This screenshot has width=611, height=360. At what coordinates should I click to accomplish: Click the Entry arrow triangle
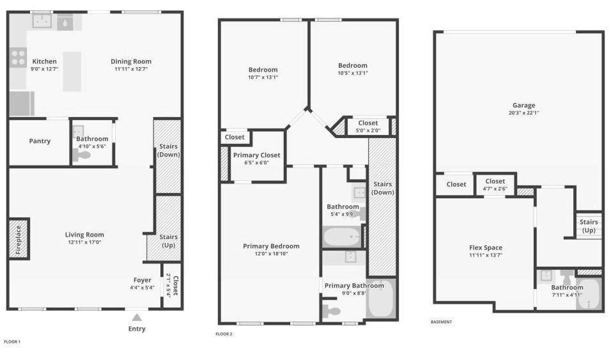coord(137,317)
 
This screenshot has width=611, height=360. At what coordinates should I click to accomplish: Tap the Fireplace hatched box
coord(19,239)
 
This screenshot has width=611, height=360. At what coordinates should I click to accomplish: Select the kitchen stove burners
coord(18,58)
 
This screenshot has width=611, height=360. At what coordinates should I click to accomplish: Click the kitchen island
coord(72,72)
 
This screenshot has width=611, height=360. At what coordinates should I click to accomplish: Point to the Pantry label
coord(40,141)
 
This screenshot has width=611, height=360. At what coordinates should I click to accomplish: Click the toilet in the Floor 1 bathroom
coord(81,155)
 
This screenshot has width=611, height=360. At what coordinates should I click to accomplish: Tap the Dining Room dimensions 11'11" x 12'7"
coord(131,69)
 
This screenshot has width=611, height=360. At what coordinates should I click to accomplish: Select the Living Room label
coord(84,235)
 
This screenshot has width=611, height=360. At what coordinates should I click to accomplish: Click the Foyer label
coord(143,280)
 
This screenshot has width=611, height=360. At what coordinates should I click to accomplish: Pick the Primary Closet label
coord(257,155)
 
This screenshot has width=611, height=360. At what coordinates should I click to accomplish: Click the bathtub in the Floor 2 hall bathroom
coord(343,237)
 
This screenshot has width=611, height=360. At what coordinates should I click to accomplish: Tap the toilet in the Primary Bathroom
coord(332,311)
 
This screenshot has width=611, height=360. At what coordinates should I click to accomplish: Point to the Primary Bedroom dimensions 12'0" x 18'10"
coord(271,253)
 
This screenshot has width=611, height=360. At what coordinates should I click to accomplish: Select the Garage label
coord(523,106)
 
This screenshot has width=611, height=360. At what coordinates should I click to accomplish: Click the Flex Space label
coord(486,247)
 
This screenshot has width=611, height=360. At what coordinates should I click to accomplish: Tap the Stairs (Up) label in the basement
coord(589,226)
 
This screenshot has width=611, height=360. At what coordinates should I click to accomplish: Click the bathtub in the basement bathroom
coord(589,293)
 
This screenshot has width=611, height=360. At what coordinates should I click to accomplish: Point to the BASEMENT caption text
coord(441,322)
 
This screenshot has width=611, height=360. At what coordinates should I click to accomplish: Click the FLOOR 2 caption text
coord(224,334)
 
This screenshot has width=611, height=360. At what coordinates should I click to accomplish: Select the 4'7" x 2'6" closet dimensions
coord(495,189)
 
